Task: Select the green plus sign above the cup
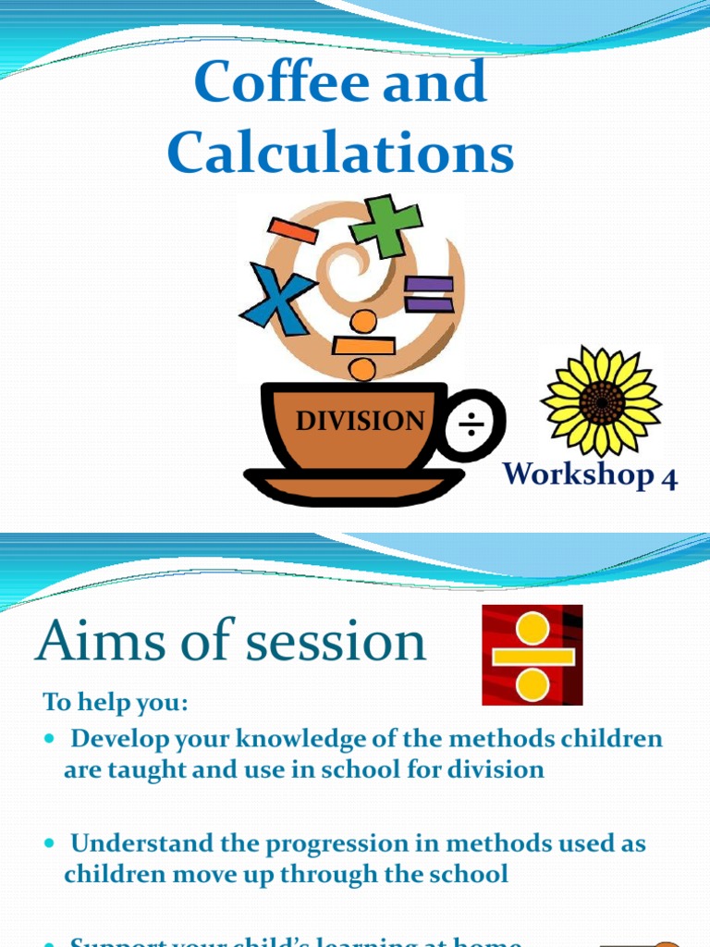coord(386,225)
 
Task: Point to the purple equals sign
coord(429,294)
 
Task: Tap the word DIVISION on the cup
coord(360,422)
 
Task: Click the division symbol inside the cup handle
coord(472,424)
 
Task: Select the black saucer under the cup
coord(354,484)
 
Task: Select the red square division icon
coord(532,655)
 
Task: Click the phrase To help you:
coord(116,702)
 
